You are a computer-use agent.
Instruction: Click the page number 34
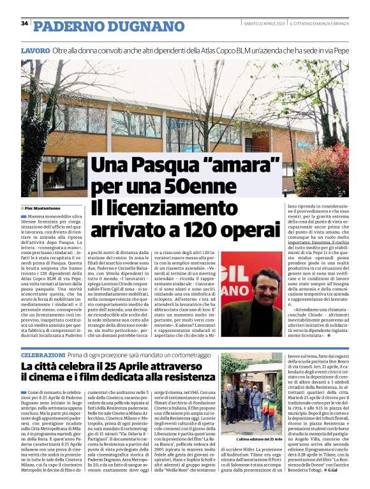(25, 24)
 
